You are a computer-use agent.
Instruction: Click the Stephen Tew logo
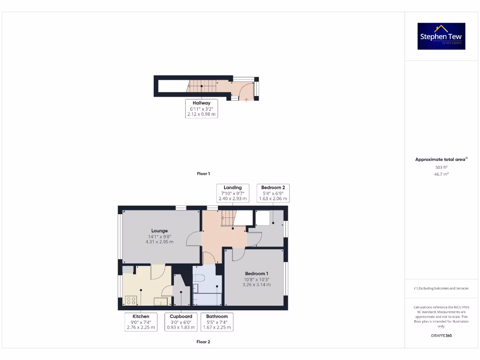coord(441,37)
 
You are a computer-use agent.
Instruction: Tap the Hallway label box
coord(202,108)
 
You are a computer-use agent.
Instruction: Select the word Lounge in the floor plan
coord(159,231)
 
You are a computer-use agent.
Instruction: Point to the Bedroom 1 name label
coord(256,273)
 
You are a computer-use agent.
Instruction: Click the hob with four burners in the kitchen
coord(131,300)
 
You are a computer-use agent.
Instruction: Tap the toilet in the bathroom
coord(198,277)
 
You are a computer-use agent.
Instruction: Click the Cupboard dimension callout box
coord(181,322)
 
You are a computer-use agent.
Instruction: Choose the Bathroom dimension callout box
coord(217,322)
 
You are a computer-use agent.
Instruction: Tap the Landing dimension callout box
coord(232,193)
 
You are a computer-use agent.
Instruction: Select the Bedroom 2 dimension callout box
coord(273,193)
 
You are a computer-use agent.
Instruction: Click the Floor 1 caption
coord(203,174)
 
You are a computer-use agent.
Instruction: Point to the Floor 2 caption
coord(203,342)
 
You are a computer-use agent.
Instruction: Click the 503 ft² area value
coord(441,167)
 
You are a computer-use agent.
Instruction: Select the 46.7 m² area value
coord(441,174)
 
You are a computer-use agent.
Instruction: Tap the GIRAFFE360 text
coord(441,336)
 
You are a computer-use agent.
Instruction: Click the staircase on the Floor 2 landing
coord(228,218)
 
